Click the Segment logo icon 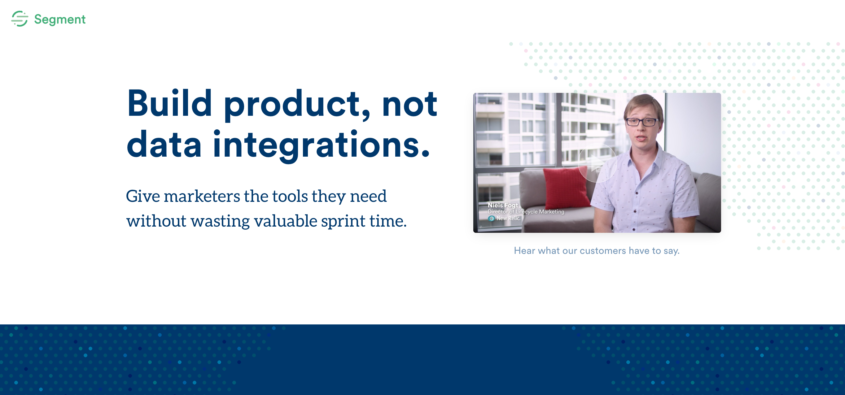[x=20, y=19]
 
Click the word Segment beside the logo [x=60, y=19]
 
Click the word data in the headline [x=164, y=144]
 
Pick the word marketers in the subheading [x=202, y=196]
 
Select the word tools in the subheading [x=290, y=196]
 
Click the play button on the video [x=597, y=163]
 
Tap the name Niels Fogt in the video [x=502, y=205]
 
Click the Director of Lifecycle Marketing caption [x=526, y=212]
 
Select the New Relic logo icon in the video [x=491, y=219]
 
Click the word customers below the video [x=602, y=251]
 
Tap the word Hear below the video [x=524, y=251]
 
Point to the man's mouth [x=641, y=138]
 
